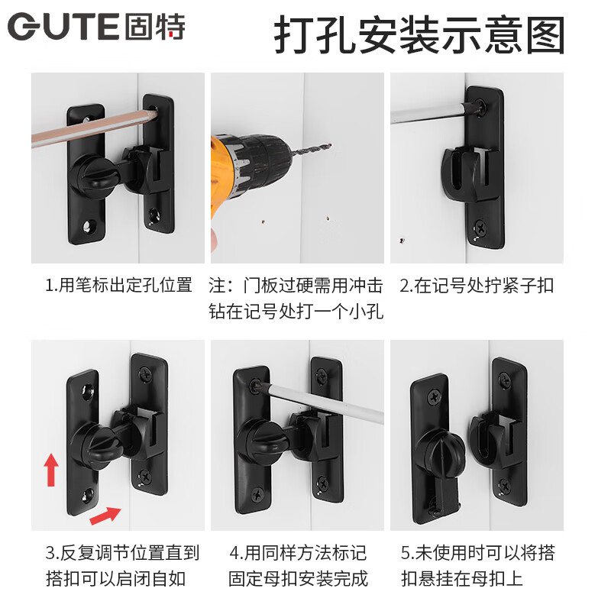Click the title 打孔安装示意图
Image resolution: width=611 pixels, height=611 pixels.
coord(419,34)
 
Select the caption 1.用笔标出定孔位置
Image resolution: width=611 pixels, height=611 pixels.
coord(118,286)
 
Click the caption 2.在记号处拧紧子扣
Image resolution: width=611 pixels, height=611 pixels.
coord(477,286)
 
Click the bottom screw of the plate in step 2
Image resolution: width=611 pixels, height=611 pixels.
coord(481,227)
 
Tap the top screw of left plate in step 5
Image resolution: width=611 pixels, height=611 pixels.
coord(435,396)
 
